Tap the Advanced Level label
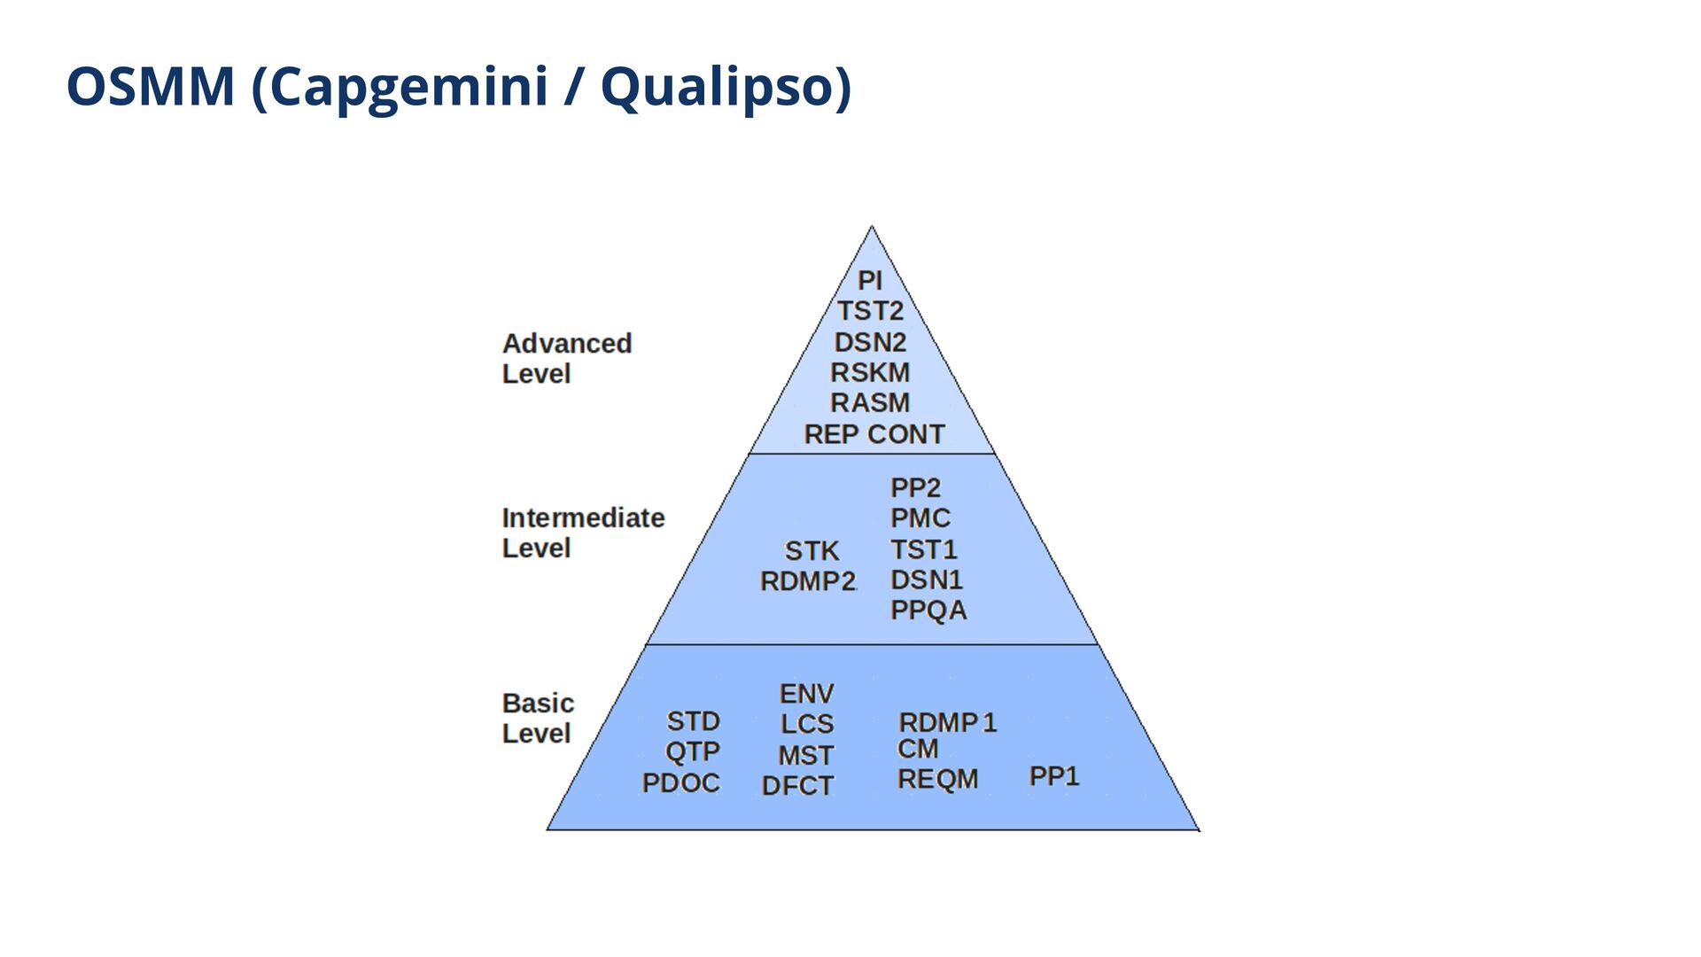point(566,358)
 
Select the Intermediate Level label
point(583,533)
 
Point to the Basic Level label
point(538,718)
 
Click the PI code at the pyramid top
point(870,281)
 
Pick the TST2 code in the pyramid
point(870,311)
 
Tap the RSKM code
point(870,372)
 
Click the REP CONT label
point(874,434)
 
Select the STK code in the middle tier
point(812,551)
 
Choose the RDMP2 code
point(808,581)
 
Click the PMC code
point(920,518)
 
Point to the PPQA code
point(928,611)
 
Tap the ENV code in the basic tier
point(806,693)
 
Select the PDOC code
point(680,783)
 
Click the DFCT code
point(797,786)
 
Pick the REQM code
point(937,779)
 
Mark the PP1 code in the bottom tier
point(1053,776)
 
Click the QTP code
point(692,751)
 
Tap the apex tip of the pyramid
point(872,228)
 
